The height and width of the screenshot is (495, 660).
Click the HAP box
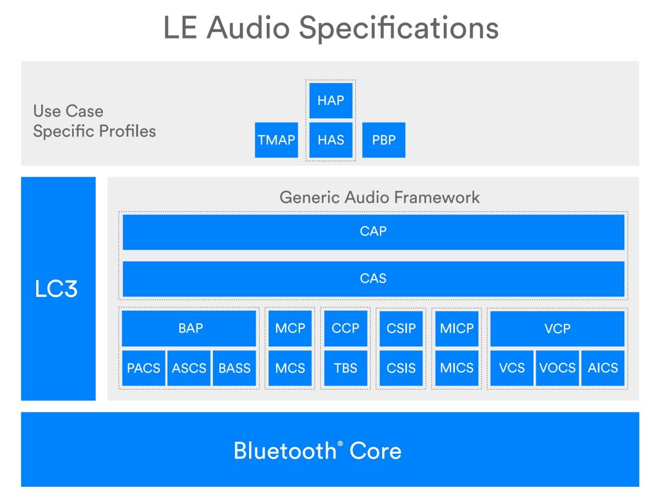click(x=331, y=100)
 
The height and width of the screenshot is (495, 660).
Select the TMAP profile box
click(x=276, y=140)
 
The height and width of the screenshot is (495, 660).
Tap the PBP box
click(x=383, y=140)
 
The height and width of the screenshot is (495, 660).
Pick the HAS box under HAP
click(x=331, y=140)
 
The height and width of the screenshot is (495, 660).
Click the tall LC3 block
click(x=58, y=288)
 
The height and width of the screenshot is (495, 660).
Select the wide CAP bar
click(x=373, y=232)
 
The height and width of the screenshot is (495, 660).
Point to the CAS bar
click(x=373, y=278)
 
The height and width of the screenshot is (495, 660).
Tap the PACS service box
click(x=143, y=368)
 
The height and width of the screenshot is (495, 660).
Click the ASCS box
click(x=189, y=368)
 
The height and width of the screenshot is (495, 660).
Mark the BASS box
click(x=234, y=368)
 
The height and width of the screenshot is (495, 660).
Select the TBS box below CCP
click(x=345, y=368)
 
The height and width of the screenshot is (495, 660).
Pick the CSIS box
click(x=401, y=368)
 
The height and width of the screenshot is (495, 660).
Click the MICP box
click(x=457, y=328)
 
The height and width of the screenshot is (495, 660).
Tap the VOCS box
click(x=557, y=368)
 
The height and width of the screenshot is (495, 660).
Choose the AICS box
click(x=603, y=368)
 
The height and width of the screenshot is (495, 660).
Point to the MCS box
click(x=290, y=368)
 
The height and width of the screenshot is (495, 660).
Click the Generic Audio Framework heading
click(x=380, y=197)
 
